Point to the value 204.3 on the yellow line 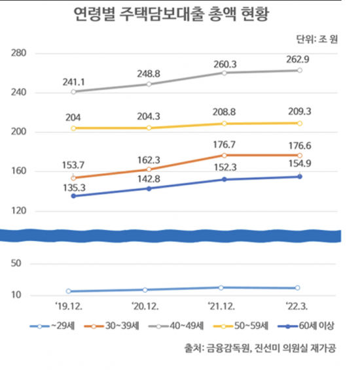149,115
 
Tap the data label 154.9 299,165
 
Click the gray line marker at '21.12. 225,73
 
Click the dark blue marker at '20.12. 149,188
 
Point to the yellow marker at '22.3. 299,123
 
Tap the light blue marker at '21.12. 225,287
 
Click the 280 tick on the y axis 18,52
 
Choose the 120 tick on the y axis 18,211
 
